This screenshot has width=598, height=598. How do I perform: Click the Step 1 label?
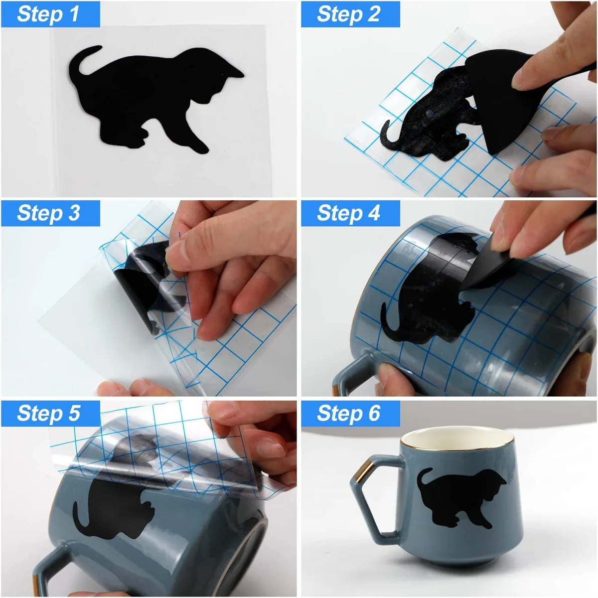48,14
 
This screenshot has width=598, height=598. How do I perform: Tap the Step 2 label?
348,14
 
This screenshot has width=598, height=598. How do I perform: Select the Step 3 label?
48,213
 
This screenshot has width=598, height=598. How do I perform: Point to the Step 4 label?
348,213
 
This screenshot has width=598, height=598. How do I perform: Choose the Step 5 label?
48,413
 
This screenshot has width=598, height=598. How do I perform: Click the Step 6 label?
348,413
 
